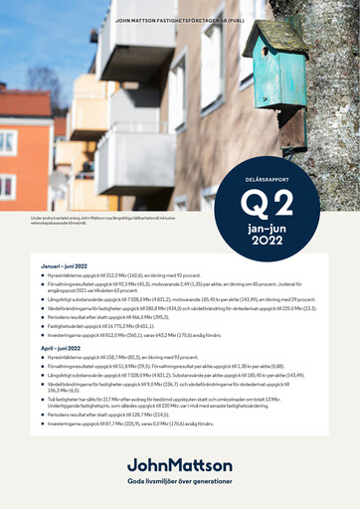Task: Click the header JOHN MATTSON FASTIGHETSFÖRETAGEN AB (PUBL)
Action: coord(179,19)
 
